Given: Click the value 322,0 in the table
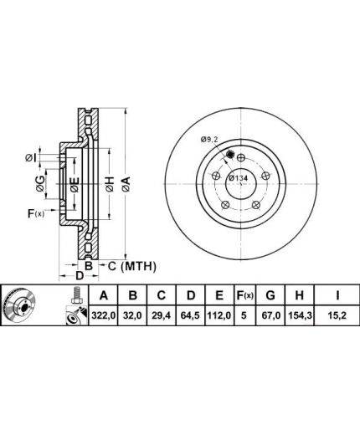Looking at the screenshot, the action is tap(103, 315).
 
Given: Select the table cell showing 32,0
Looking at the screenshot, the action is tap(133, 315).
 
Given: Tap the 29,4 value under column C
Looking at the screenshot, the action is tap(162, 315).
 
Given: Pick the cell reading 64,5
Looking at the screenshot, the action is tap(191, 315).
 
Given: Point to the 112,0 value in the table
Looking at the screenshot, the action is tap(219, 315).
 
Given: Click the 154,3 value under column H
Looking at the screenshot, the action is tap(300, 315).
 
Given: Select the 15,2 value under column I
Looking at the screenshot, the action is tap(337, 315).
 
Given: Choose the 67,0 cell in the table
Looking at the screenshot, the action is tap(270, 315).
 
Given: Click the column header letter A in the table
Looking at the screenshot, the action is tap(104, 295).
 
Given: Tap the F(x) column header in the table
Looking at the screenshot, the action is tap(244, 295).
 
